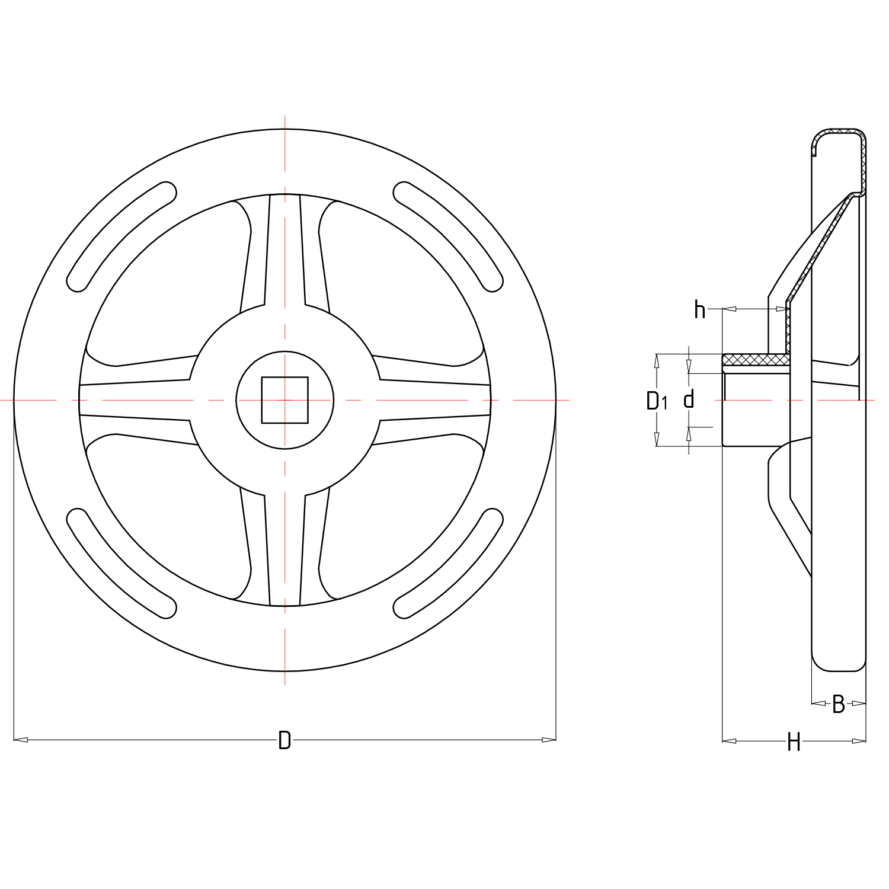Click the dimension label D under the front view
(x=284, y=740)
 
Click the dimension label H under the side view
(x=794, y=741)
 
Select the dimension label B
(x=838, y=703)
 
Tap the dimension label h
(x=700, y=309)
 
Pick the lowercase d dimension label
(x=689, y=399)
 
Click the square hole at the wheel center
(x=285, y=400)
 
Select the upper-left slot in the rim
(x=121, y=236)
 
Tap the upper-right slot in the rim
(x=449, y=236)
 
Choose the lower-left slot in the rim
(x=121, y=564)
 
